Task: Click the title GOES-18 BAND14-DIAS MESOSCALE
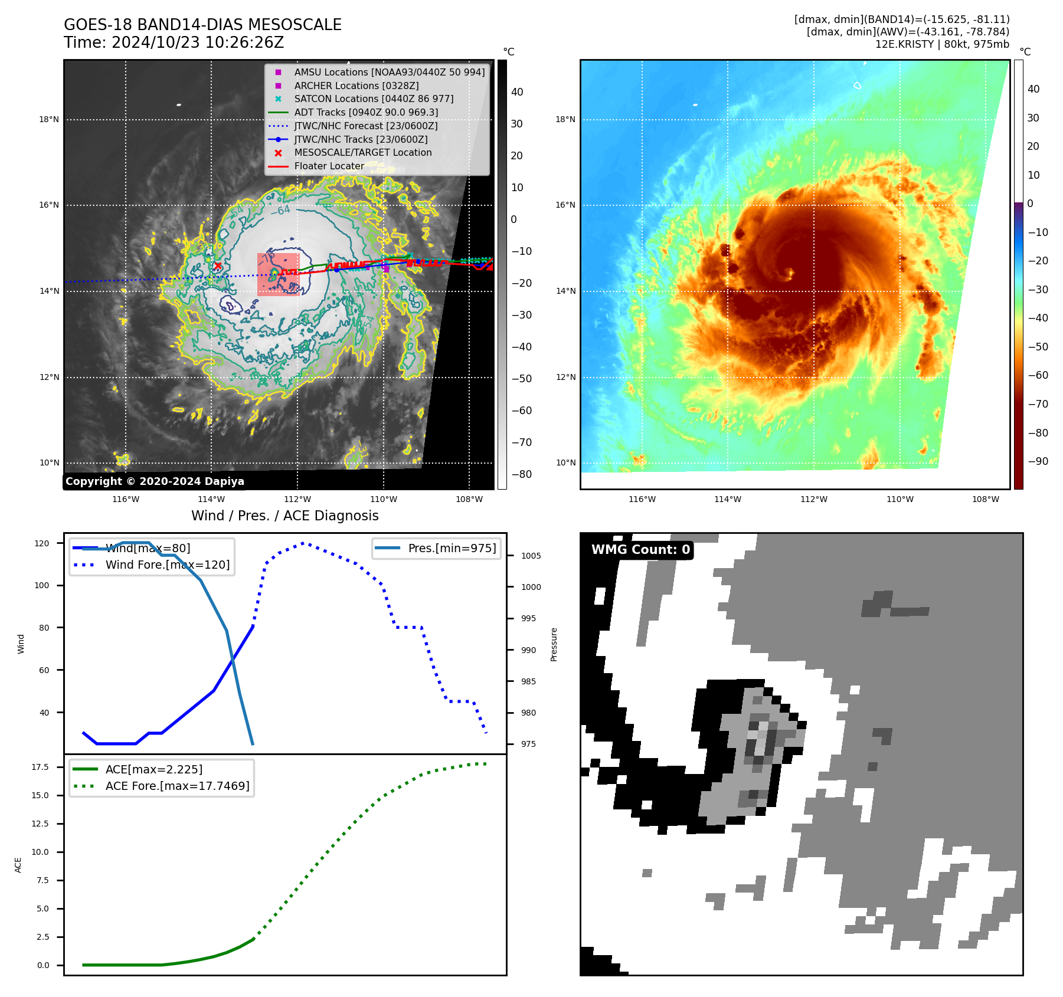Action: coord(202,25)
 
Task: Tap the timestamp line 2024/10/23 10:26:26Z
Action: coord(197,42)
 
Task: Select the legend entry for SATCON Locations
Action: coord(374,99)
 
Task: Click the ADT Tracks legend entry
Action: coord(366,112)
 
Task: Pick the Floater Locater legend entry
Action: coord(329,166)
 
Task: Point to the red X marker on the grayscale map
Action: coord(218,266)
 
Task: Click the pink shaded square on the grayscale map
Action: coord(278,274)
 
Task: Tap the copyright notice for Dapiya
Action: coord(155,481)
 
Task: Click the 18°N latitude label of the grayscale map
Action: coord(49,119)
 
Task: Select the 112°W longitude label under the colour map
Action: coord(813,499)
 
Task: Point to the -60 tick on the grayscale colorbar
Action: coord(521,411)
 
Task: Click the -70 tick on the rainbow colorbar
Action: coord(1038,404)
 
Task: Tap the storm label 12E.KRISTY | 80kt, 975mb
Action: coord(942,44)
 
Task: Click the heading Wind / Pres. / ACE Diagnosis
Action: coord(284,516)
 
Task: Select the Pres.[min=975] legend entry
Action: coord(452,548)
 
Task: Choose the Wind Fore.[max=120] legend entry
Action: coord(168,565)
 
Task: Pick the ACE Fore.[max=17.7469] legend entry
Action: coord(177,786)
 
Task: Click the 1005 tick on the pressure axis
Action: coord(531,556)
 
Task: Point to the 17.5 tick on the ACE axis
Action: coord(40,767)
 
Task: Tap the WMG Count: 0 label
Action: coord(640,550)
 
